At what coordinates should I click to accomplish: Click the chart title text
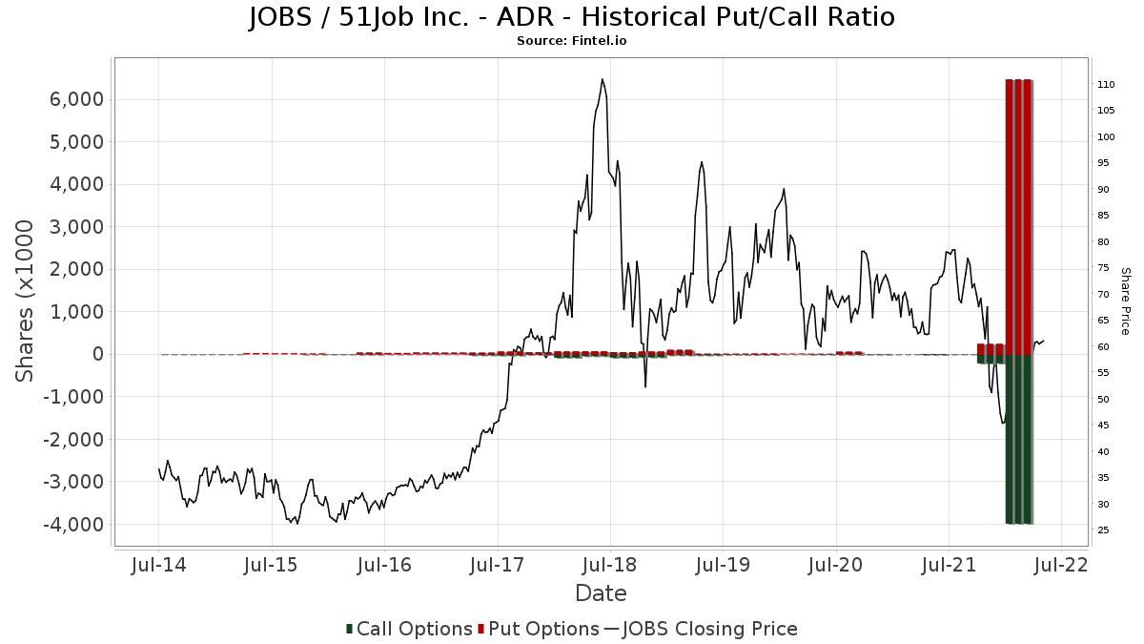tap(572, 17)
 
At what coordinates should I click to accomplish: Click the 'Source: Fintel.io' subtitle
tap(572, 41)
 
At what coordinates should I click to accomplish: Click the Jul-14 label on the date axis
tap(158, 565)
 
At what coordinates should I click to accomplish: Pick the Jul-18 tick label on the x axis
tap(610, 565)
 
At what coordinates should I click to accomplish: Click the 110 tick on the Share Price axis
tap(1106, 85)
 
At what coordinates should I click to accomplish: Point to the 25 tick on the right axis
tap(1103, 530)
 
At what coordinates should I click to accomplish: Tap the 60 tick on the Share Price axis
tap(1103, 347)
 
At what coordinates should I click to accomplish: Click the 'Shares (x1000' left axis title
tap(27, 301)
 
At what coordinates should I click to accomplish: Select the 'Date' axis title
tap(601, 593)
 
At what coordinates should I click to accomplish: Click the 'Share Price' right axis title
tap(1125, 301)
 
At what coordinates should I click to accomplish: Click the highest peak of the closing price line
tap(603, 79)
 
